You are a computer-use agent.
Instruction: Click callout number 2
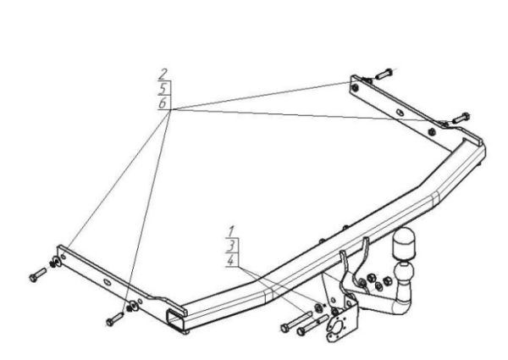[x=163, y=75]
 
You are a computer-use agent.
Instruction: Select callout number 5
[x=163, y=89]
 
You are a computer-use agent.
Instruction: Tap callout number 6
[x=163, y=103]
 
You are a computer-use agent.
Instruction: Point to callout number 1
[x=231, y=232]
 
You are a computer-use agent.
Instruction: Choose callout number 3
[x=231, y=246]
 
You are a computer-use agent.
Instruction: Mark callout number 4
[x=231, y=260]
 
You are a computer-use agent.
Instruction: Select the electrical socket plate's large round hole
[x=340, y=328]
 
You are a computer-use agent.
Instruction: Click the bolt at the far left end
[x=38, y=274]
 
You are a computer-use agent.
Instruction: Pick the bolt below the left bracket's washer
[x=115, y=318]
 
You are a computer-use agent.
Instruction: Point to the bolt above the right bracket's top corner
[x=384, y=74]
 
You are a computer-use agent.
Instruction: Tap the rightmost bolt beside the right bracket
[x=461, y=118]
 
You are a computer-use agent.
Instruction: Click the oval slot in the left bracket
[x=108, y=281]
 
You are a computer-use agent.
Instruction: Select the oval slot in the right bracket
[x=400, y=112]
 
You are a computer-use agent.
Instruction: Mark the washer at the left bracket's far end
[x=58, y=261]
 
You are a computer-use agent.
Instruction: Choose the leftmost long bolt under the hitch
[x=296, y=322]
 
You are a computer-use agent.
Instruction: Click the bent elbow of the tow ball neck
[x=401, y=306]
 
